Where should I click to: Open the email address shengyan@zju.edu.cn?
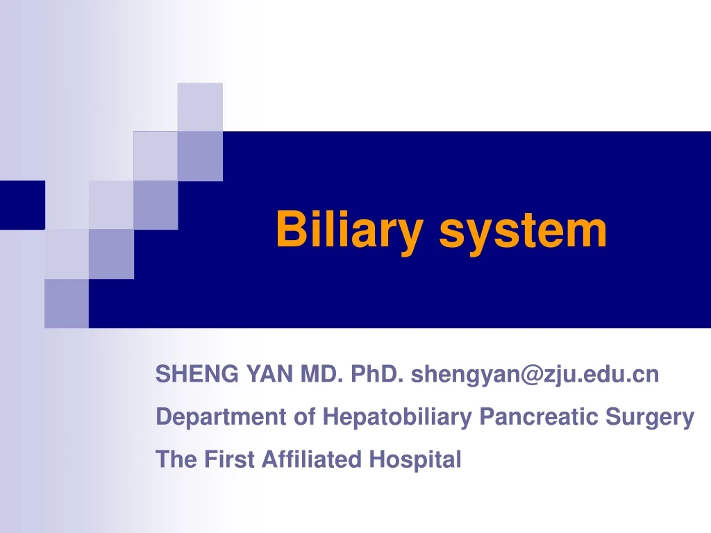pos(535,375)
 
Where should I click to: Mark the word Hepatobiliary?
pos(399,417)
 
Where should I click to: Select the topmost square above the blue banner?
pos(200,106)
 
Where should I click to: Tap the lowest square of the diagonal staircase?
pos(67,303)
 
